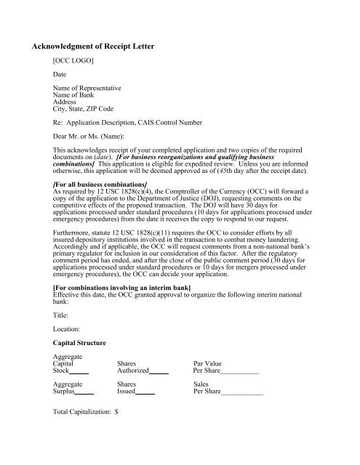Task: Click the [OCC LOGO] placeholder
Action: [76, 62]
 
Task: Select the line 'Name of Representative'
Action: [91, 88]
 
